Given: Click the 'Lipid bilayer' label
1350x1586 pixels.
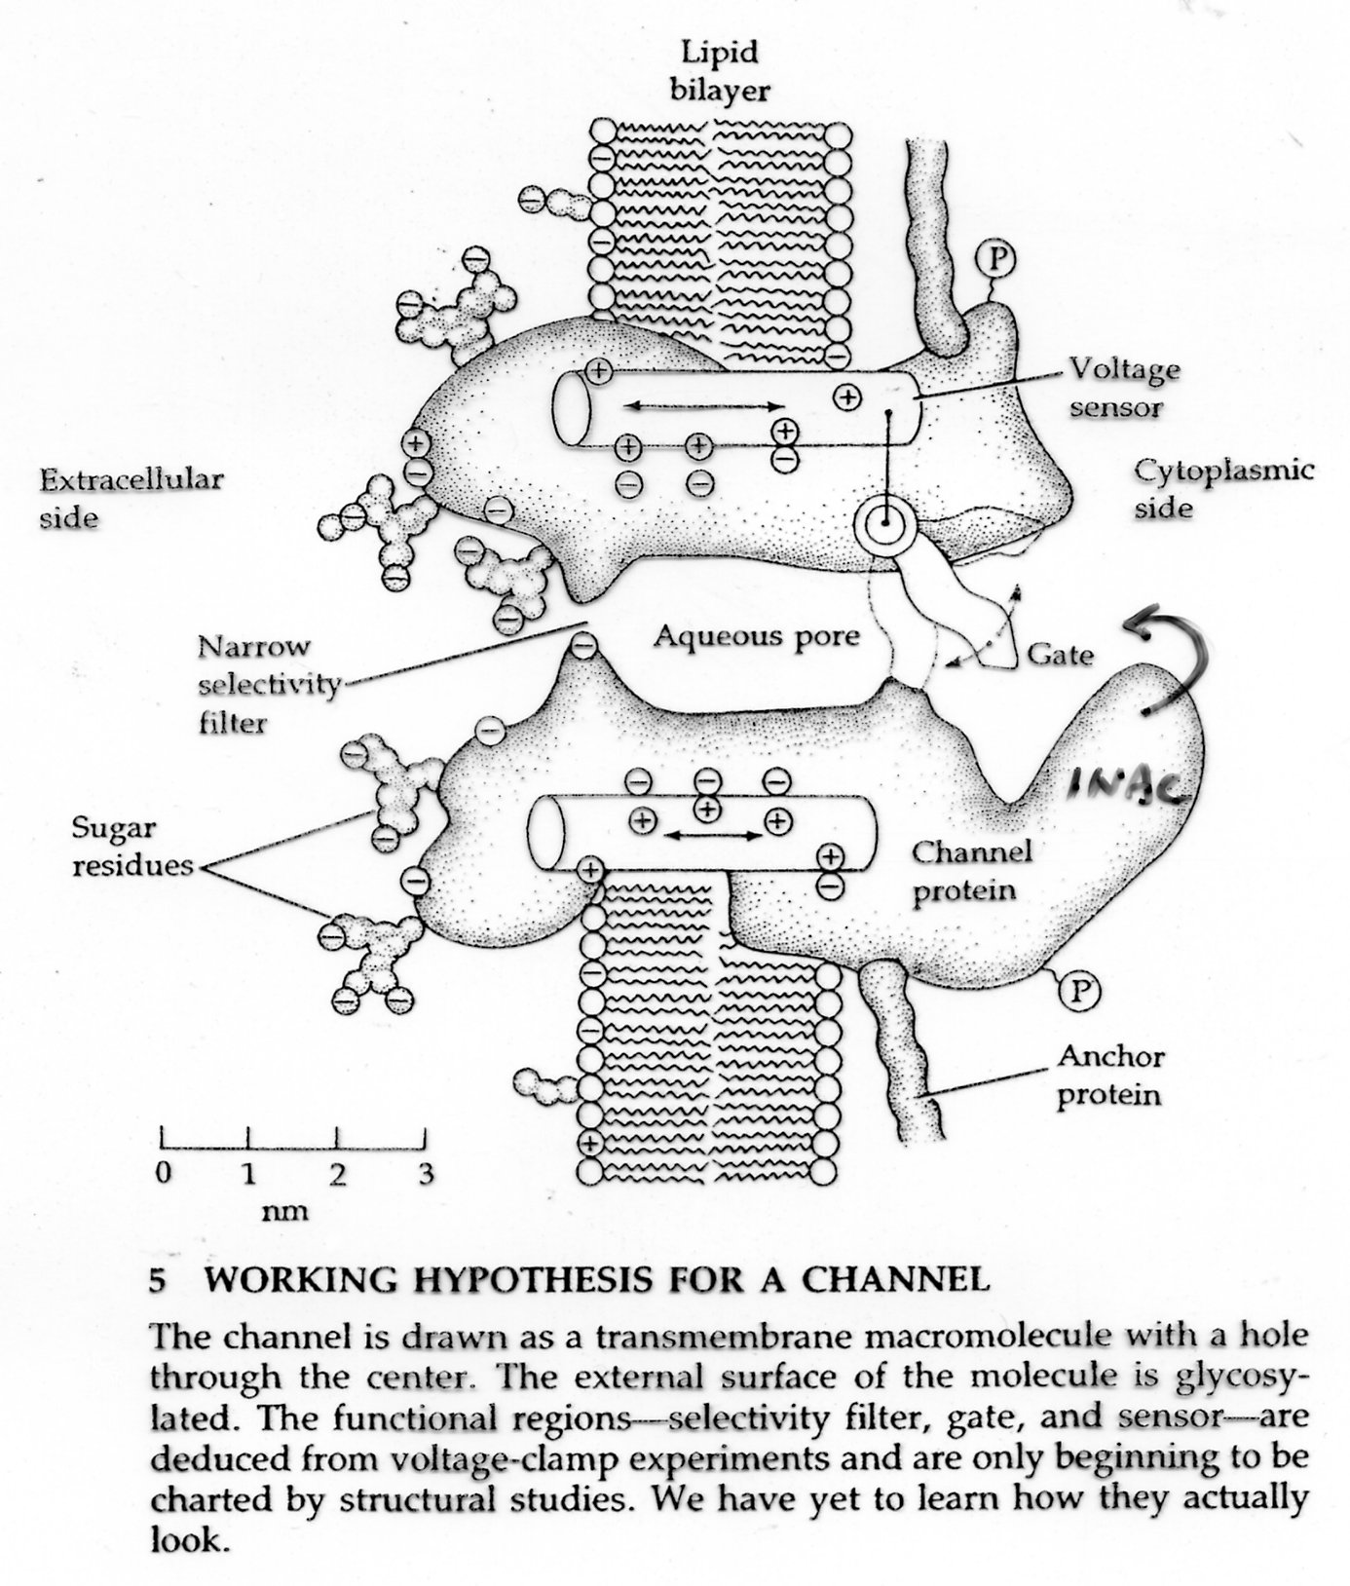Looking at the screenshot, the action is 725,70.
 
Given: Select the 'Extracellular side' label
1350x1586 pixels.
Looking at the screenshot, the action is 131,498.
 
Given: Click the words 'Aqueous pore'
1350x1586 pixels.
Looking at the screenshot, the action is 757,636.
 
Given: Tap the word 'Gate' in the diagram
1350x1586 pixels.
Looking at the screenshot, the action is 1061,654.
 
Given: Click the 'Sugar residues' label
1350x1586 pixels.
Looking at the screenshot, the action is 133,847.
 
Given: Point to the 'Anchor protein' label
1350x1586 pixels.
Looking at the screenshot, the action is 1110,1075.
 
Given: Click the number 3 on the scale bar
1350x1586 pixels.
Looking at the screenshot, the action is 426,1173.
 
